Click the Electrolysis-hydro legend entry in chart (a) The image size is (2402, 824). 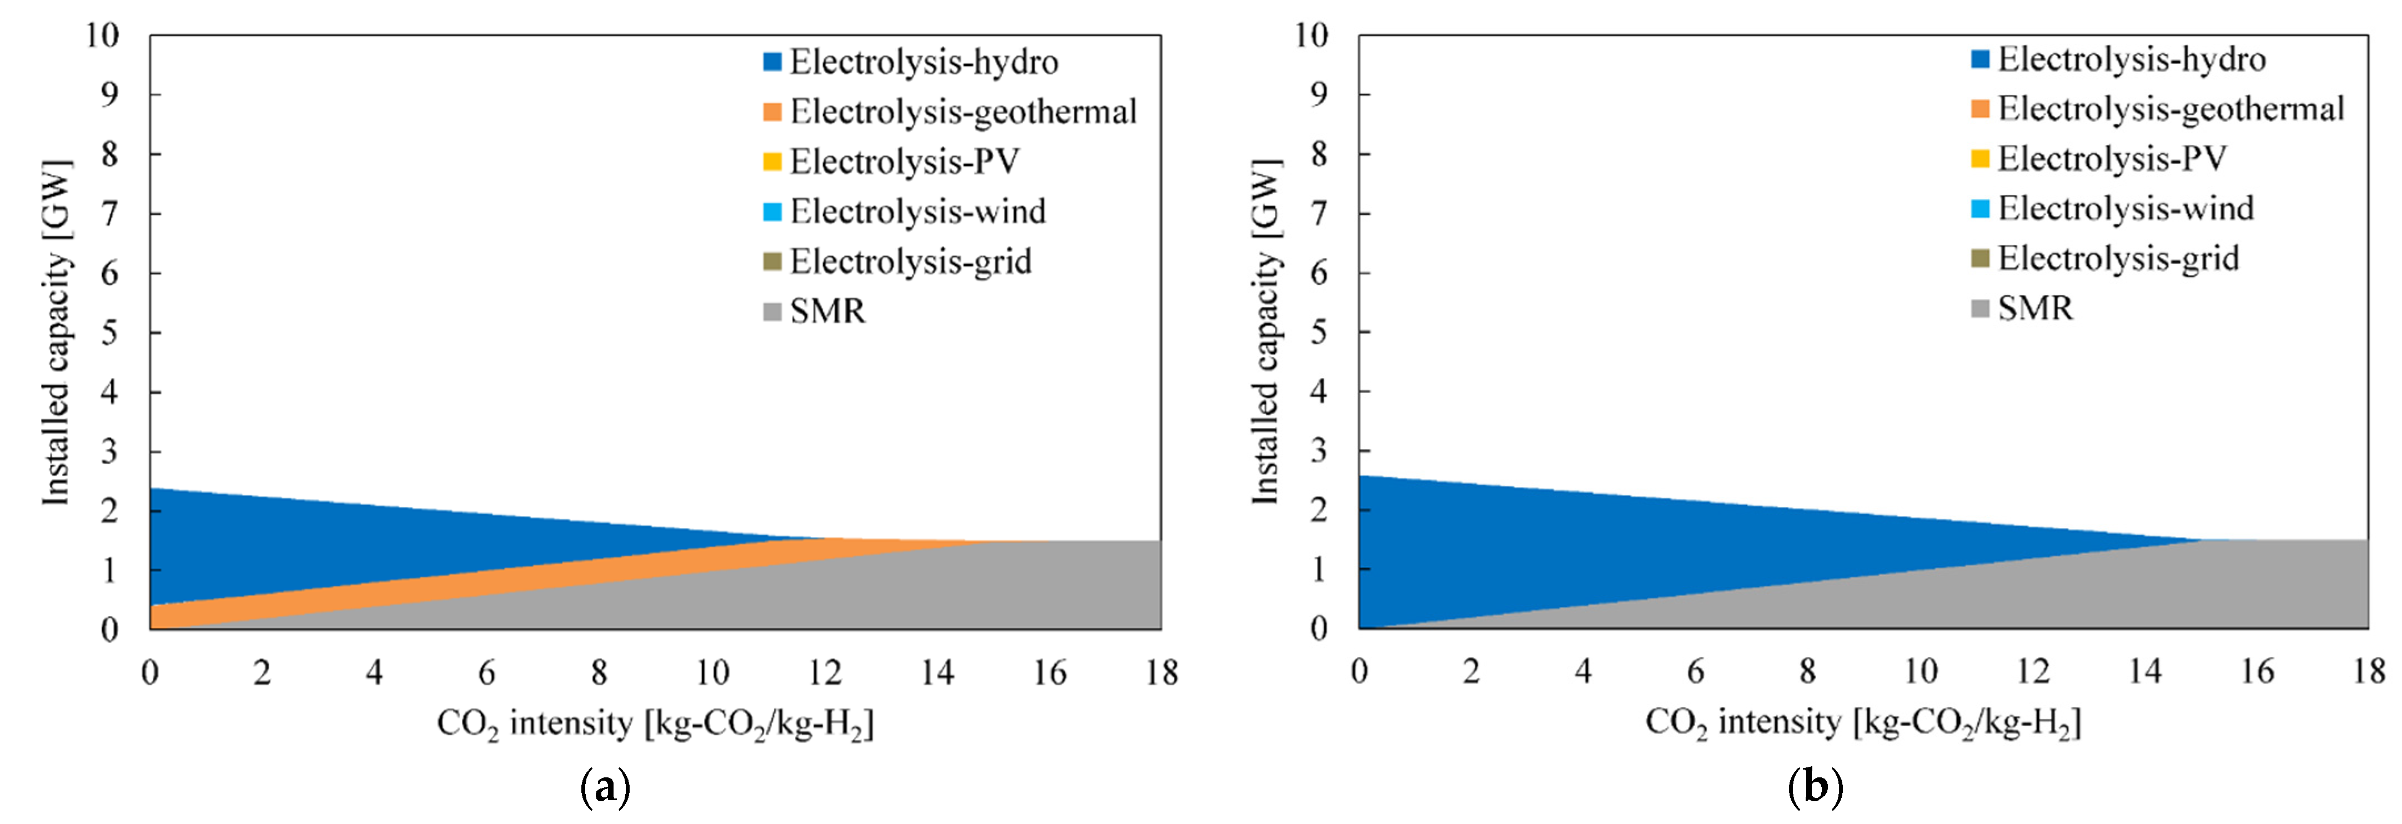coord(923,62)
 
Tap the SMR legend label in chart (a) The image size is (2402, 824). coord(827,311)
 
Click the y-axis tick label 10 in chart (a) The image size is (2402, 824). coord(103,36)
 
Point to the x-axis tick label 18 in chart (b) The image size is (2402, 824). coord(2369,671)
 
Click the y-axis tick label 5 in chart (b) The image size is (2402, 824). coord(1318,333)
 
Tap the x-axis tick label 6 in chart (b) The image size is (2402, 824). coord(1695,671)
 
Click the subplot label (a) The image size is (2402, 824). coord(605,788)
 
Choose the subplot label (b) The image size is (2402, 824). coord(1815,788)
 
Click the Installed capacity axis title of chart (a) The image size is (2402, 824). coord(56,333)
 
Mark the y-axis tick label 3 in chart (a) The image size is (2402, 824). coord(110,452)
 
